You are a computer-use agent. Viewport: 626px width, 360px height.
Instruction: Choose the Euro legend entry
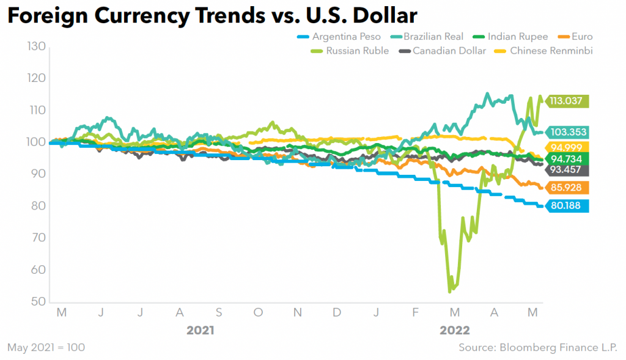click(581, 37)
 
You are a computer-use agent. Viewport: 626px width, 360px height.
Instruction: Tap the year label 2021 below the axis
click(200, 331)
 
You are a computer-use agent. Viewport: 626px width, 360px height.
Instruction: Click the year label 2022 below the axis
click(454, 331)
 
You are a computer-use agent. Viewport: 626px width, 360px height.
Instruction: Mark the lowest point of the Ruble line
click(450, 292)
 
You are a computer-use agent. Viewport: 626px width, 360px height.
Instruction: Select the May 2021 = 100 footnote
click(46, 348)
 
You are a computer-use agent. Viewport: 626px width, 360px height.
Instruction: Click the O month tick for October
click(258, 313)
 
